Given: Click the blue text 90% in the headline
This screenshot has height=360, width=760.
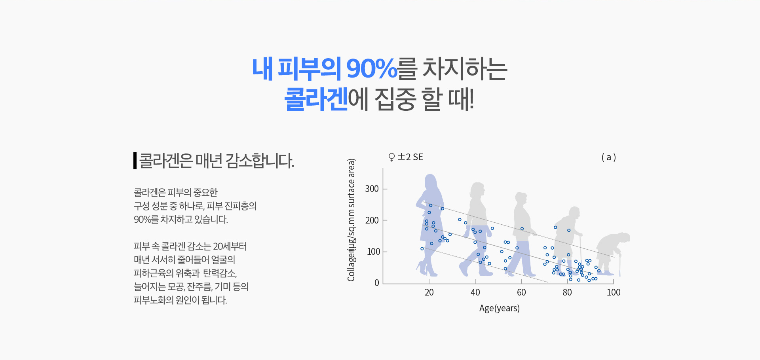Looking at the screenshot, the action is tap(372, 68).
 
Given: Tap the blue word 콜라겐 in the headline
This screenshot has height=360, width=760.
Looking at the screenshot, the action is tap(316, 99).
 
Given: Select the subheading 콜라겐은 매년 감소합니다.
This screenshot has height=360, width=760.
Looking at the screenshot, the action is tap(217, 161).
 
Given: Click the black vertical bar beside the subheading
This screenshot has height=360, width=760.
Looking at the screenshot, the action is tap(135, 161).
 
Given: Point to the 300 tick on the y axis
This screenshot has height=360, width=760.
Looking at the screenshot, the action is tap(372, 189).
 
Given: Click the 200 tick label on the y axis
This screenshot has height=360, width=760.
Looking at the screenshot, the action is tap(372, 220).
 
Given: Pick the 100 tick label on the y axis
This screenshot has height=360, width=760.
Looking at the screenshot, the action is tap(373, 252).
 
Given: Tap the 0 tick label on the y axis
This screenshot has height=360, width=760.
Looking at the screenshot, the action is tap(377, 283).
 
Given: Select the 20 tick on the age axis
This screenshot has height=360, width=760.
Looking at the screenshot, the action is tap(429, 292).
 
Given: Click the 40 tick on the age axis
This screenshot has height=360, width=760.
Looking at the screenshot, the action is tap(475, 292).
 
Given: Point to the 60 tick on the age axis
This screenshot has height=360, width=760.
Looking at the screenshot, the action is tap(521, 292).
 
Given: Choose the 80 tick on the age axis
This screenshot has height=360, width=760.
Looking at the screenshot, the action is tap(567, 292).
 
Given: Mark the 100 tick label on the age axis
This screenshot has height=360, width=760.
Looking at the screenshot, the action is tap(614, 292).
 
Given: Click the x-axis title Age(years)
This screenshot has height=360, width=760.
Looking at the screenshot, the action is tap(500, 308).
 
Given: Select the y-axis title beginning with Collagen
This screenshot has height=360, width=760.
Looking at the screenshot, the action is tap(351, 220).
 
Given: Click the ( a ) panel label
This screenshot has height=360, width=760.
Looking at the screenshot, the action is tap(609, 157).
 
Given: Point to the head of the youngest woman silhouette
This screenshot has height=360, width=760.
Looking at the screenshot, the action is tap(431, 182).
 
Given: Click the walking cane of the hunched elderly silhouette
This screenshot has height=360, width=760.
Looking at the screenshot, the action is tap(619, 265).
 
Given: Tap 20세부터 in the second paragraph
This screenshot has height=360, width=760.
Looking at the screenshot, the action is tap(230, 246).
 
